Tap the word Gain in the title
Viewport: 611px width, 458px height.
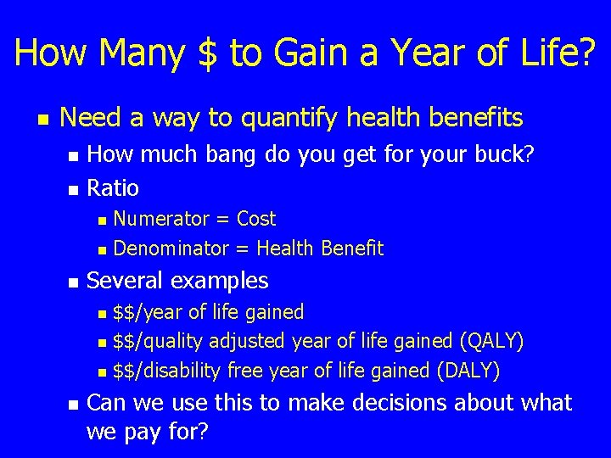pos(310,53)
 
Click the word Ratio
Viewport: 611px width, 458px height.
pos(113,187)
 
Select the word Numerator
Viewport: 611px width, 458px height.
pos(160,219)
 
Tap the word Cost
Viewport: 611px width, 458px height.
pos(255,219)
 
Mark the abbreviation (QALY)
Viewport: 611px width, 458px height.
pos(491,341)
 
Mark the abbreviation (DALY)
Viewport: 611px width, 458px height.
pos(468,371)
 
